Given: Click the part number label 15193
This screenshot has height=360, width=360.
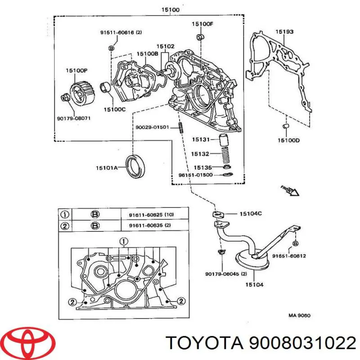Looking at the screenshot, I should click(284, 31).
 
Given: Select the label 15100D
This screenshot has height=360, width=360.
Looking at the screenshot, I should click(288, 140).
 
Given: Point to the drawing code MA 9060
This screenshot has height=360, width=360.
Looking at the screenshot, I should click(300, 315).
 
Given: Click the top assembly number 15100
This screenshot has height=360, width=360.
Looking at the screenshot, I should click(171, 10).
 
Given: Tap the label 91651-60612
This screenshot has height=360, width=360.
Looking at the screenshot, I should click(289, 256).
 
